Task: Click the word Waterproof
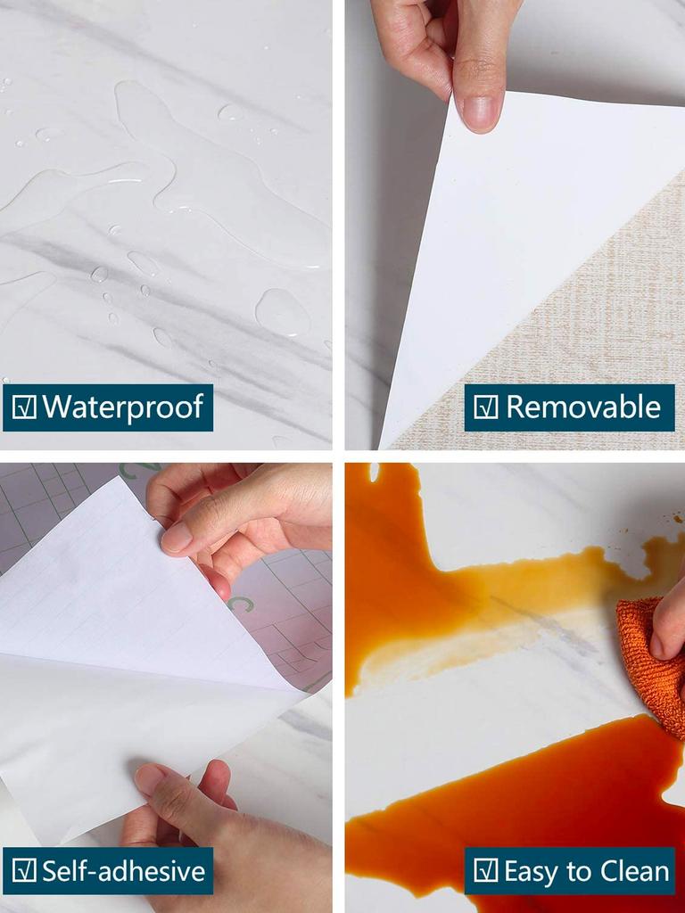tap(123, 407)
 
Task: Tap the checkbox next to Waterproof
tap(25, 407)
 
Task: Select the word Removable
tap(583, 407)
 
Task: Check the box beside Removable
tap(485, 407)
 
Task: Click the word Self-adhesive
tap(123, 871)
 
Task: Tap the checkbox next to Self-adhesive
tap(25, 871)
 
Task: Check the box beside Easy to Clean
tap(485, 871)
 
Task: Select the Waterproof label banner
tap(107, 407)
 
